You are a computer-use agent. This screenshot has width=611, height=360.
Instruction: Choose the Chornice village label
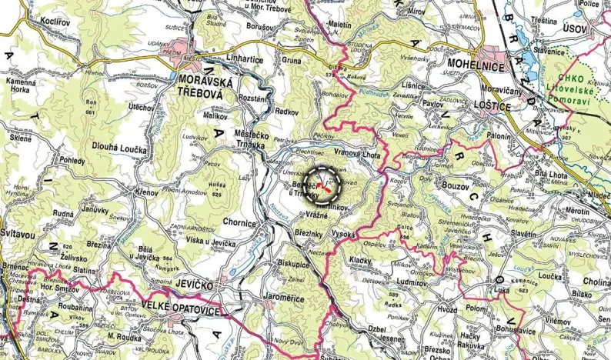(239, 222)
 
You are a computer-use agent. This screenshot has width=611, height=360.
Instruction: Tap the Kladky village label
(359, 261)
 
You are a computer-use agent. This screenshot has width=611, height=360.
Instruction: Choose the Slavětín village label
(523, 233)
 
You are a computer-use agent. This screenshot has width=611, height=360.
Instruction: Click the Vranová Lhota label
(357, 155)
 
